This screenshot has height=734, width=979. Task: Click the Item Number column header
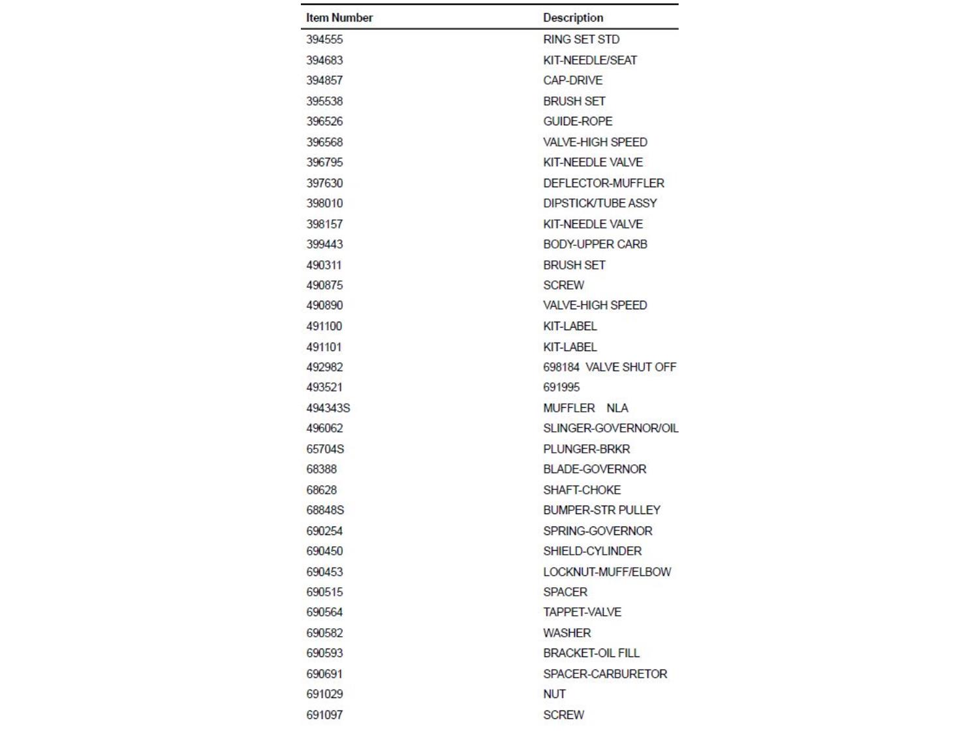tap(339, 18)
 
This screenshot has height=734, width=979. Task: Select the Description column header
tap(573, 18)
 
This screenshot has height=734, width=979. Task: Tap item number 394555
tap(324, 39)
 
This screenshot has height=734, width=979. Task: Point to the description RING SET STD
tap(581, 39)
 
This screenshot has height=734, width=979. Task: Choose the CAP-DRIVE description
tap(572, 80)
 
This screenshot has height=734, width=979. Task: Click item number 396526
tap(324, 121)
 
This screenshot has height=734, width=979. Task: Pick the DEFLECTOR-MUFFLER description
tap(603, 183)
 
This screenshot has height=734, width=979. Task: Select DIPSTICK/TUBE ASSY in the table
tap(600, 204)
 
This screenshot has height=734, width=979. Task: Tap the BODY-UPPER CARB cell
tap(595, 244)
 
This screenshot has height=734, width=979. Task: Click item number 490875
tap(324, 285)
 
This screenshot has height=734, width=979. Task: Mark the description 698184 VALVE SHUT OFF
tap(610, 367)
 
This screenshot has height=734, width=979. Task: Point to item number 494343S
tap(328, 408)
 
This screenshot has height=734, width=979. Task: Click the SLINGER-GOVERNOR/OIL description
tap(610, 429)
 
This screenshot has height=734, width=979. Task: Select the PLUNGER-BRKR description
tap(586, 449)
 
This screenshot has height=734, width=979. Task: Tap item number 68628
tap(321, 490)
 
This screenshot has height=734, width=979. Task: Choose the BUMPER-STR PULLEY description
tap(601, 510)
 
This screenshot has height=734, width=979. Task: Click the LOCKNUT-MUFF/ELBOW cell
tap(607, 572)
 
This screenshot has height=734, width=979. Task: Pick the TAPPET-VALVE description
tap(582, 612)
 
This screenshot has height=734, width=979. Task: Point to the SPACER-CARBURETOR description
tap(605, 674)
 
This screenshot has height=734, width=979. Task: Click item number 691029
tap(324, 694)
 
